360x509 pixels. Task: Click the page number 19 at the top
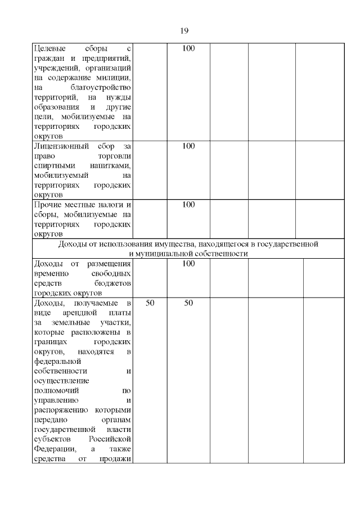tap(184, 31)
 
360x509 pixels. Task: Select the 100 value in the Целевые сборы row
tap(188, 49)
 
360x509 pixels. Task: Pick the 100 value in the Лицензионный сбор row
tap(188, 146)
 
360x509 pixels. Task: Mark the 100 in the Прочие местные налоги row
tap(188, 205)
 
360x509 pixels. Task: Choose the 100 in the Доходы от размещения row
tap(188, 264)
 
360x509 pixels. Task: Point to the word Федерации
tap(53, 449)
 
